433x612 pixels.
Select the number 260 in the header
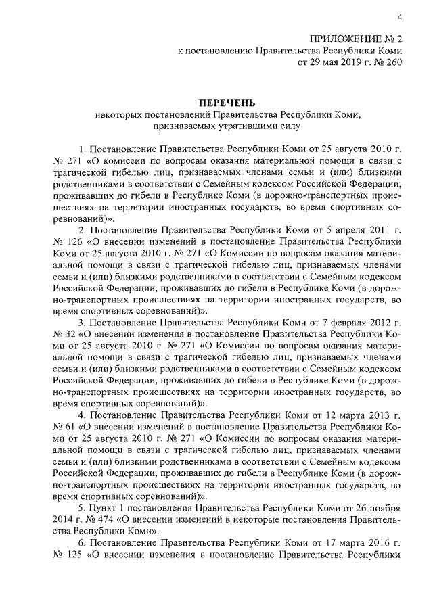coord(392,63)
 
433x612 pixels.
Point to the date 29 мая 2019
coord(331,63)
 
